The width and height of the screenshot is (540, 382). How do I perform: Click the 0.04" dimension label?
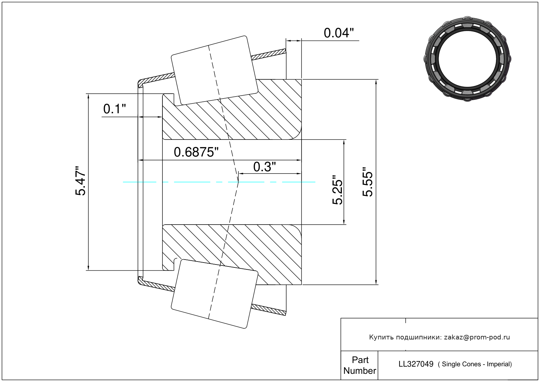pos(339,33)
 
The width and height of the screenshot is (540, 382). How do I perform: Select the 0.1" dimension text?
pos(114,109)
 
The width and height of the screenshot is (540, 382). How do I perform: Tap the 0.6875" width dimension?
pos(196,152)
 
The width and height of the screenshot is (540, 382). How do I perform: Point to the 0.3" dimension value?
pos(264,167)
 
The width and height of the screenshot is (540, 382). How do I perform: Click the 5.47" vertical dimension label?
pos(81,181)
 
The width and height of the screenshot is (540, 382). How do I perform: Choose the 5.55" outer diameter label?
pos(368,182)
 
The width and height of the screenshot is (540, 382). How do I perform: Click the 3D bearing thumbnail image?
pos(467,58)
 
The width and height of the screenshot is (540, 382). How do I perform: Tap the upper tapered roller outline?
pos(214,70)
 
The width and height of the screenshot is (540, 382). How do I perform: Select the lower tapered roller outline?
pos(214,294)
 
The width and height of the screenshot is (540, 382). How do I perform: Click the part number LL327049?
pos(416,364)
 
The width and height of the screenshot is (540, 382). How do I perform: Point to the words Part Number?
pos(360,365)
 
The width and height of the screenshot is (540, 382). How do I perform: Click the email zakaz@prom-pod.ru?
pos(477,337)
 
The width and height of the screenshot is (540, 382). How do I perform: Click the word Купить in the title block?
pos(381,337)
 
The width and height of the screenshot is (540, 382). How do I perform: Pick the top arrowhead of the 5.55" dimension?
pos(376,82)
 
